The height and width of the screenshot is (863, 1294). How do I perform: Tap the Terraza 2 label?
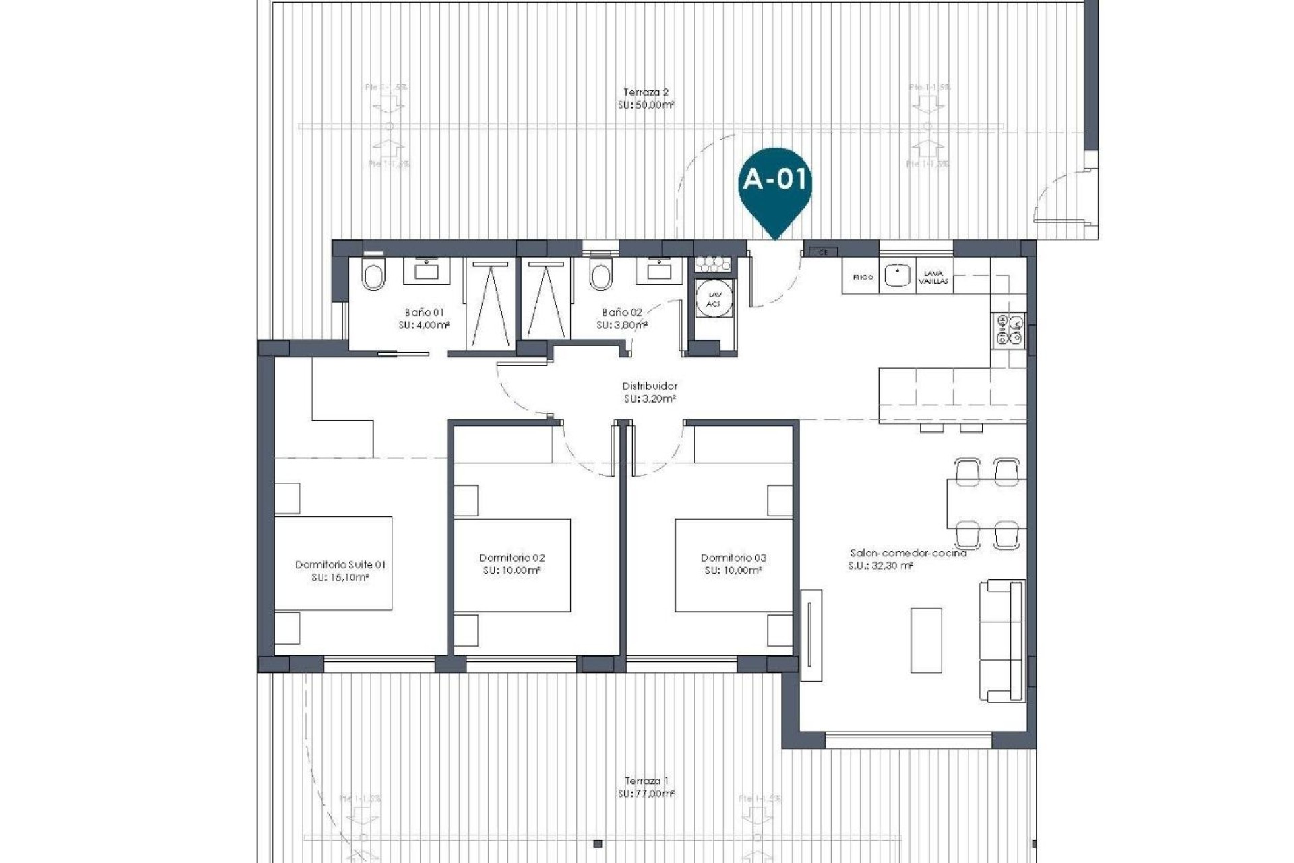pyautogui.click(x=646, y=92)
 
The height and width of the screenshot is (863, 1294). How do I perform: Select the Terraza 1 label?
pyautogui.click(x=646, y=781)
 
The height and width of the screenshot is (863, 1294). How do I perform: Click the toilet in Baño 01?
pyautogui.click(x=373, y=276)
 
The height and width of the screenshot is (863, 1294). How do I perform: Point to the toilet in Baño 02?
pyautogui.click(x=600, y=276)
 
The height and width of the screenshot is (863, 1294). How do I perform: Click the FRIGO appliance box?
pyautogui.click(x=862, y=277)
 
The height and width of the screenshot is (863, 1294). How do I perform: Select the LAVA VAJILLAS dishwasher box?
pyautogui.click(x=933, y=277)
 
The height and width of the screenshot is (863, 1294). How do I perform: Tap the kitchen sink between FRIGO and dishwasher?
pyautogui.click(x=897, y=276)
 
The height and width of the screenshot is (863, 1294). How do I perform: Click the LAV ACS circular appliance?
pyautogui.click(x=714, y=299)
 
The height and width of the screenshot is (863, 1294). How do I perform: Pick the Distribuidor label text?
pyautogui.click(x=649, y=386)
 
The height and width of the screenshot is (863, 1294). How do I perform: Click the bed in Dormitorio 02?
pyautogui.click(x=512, y=565)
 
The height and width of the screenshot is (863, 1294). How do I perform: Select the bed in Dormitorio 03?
pyautogui.click(x=733, y=565)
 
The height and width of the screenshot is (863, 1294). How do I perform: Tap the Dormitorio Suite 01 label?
pyautogui.click(x=340, y=565)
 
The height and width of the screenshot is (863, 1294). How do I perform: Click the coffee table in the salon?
pyautogui.click(x=926, y=640)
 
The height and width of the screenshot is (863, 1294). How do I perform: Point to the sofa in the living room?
pyautogui.click(x=1002, y=640)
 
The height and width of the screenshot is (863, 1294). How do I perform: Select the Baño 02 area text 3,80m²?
pyautogui.click(x=621, y=325)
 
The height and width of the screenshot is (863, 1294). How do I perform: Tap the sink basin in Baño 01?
pyautogui.click(x=427, y=272)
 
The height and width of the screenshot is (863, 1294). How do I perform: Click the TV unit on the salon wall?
pyautogui.click(x=811, y=634)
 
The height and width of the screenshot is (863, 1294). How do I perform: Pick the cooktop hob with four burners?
pyautogui.click(x=1008, y=329)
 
